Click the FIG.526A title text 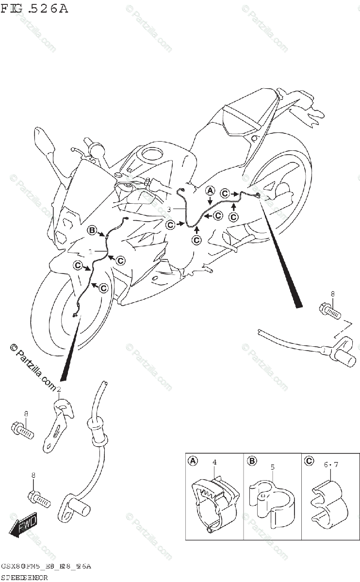tap(34, 8)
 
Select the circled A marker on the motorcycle tap(210, 190)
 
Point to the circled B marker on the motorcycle tap(92, 230)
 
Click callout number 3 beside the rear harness tap(169, 209)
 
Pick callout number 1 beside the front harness tap(90, 252)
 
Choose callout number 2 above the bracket tap(59, 389)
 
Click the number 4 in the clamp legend tap(214, 462)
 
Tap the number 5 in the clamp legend tap(273, 467)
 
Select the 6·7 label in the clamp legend tap(331, 465)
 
